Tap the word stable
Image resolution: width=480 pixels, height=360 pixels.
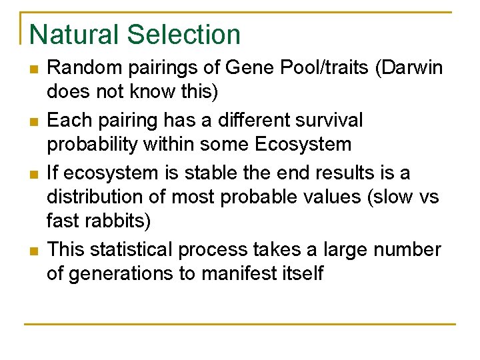(x=201, y=172)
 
